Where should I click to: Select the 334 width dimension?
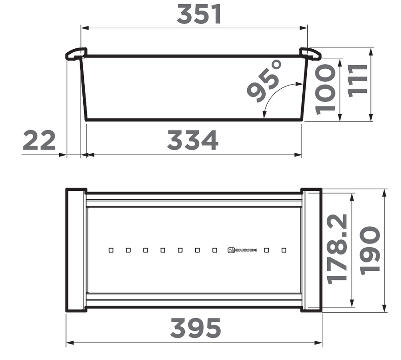(x=193, y=141)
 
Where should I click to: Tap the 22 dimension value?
(x=39, y=140)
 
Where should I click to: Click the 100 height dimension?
(x=325, y=88)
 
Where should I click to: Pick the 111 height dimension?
(x=358, y=79)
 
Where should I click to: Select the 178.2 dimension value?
(x=338, y=249)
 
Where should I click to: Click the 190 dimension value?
(x=370, y=250)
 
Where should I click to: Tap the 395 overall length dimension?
(x=195, y=328)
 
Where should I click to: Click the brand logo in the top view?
(x=242, y=250)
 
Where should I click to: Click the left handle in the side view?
(x=75, y=54)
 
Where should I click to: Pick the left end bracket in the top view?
(x=76, y=250)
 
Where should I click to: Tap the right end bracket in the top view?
(x=312, y=250)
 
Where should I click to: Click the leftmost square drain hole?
(x=111, y=250)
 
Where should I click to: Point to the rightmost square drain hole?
(x=284, y=250)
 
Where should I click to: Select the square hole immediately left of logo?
(x=214, y=250)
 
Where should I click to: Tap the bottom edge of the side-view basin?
(x=193, y=120)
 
